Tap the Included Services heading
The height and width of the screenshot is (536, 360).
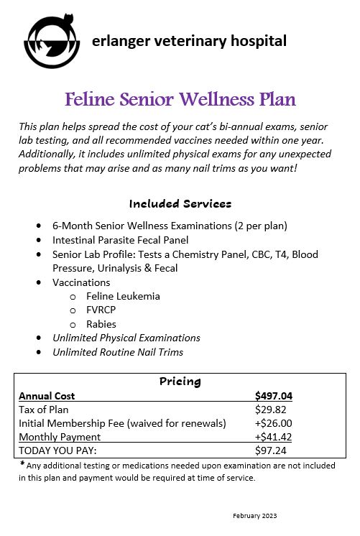click(180, 203)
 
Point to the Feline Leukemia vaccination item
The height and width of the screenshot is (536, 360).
click(122, 296)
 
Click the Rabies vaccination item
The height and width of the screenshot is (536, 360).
click(101, 324)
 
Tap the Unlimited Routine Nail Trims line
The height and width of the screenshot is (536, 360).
click(118, 352)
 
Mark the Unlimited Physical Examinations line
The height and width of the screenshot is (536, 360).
click(126, 338)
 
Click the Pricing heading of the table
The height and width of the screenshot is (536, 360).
click(180, 382)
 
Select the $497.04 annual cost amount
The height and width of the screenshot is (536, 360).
click(273, 396)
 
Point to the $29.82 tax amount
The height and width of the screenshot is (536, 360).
click(270, 410)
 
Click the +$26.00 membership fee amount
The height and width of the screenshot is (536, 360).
click(274, 423)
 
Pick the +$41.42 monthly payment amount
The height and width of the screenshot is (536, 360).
click(274, 437)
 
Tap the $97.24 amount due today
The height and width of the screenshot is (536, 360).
click(270, 450)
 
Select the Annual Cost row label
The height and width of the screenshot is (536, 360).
click(47, 396)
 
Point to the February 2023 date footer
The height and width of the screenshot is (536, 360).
click(255, 516)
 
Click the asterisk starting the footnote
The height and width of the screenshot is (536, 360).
click(22, 464)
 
